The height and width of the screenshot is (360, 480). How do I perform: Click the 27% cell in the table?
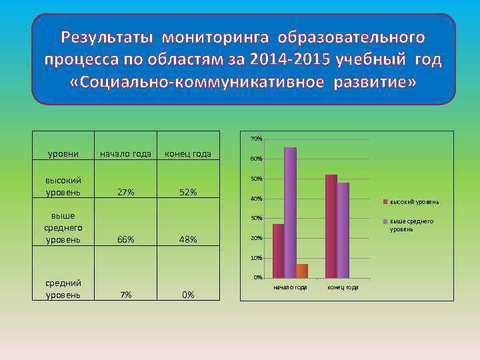tap(126, 192)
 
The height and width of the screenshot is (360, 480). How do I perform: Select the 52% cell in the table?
tap(188, 192)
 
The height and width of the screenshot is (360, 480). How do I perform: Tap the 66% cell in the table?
tap(126, 239)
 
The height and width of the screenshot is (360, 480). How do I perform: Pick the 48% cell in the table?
tap(188, 239)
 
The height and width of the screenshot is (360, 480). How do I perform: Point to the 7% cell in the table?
tap(126, 295)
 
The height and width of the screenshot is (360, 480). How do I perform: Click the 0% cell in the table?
tap(188, 295)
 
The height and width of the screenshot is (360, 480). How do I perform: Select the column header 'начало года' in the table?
tap(126, 155)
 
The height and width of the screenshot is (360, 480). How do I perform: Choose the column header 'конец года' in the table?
tap(188, 155)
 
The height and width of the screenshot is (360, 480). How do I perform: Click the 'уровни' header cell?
tap(63, 155)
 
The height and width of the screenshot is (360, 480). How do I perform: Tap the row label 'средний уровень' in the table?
tap(63, 289)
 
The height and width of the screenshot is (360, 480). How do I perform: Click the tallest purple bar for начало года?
tap(290, 212)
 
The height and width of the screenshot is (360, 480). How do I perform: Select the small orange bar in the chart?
tap(302, 270)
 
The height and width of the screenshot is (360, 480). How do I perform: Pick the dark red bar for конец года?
tap(331, 225)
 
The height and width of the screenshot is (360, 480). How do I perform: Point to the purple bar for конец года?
tap(343, 229)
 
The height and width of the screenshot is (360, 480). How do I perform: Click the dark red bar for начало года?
tap(278, 250)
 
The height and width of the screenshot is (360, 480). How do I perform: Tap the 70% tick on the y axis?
tap(256, 139)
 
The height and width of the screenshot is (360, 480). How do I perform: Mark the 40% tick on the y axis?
tap(256, 199)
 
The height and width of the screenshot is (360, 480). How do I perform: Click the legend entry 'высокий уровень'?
tap(413, 201)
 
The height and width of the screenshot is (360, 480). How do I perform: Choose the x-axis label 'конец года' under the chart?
tap(343, 287)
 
